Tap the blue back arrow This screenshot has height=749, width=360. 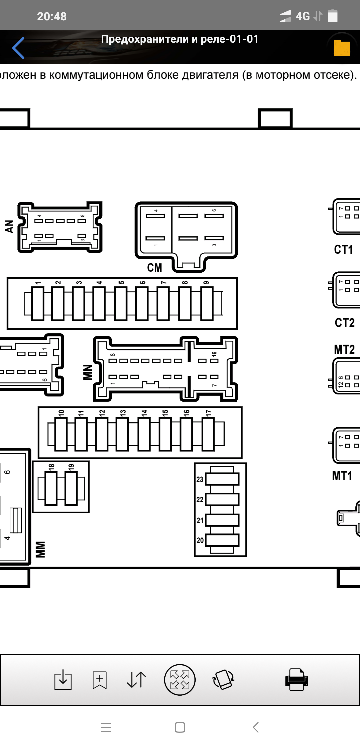click(x=19, y=48)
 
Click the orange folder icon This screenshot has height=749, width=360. click(x=342, y=48)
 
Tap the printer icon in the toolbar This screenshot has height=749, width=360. click(x=296, y=679)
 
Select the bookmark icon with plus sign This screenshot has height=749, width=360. click(x=100, y=680)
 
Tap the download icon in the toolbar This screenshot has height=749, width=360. click(x=63, y=679)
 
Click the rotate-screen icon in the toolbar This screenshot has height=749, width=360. click(x=223, y=679)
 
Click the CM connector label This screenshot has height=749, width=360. click(x=154, y=268)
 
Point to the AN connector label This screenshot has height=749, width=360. click(x=9, y=226)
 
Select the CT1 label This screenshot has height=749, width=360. click(x=343, y=249)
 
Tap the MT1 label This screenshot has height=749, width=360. click(x=342, y=476)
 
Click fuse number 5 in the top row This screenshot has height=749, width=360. click(x=121, y=303)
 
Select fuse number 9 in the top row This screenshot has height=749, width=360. click(x=207, y=303)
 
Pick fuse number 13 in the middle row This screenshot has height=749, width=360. click(x=122, y=434)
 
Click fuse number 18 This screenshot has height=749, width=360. click(x=51, y=488)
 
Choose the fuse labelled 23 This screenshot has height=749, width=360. click(x=222, y=479)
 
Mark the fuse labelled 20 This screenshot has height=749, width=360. click(x=222, y=540)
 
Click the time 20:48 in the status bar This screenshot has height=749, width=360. click(x=52, y=16)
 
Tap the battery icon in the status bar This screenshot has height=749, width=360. click(x=333, y=16)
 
